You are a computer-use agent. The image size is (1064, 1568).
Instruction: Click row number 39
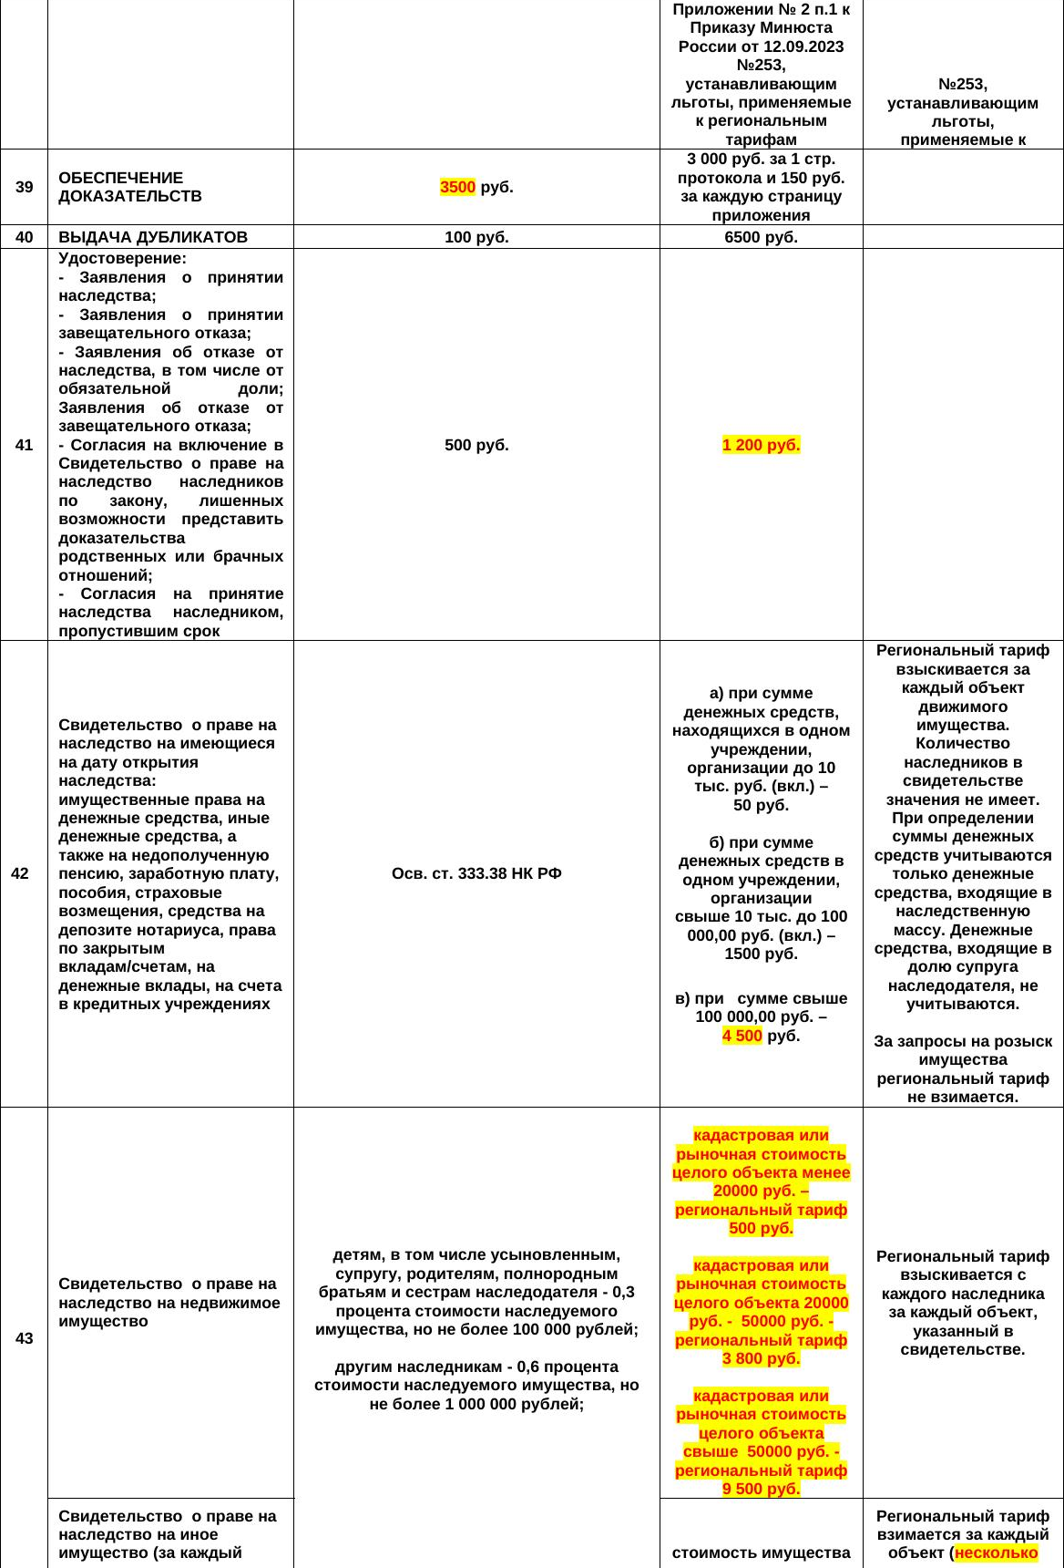[x=25, y=187]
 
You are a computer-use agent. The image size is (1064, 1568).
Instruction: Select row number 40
[x=25, y=237]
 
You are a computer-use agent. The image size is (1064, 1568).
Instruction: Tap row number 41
[x=25, y=445]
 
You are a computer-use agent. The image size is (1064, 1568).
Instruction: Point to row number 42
[x=20, y=873]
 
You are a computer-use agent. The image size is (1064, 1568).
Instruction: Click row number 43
[x=25, y=1338]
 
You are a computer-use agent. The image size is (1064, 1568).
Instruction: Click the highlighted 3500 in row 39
[x=457, y=187]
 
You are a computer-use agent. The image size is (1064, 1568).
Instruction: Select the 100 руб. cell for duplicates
[x=476, y=237]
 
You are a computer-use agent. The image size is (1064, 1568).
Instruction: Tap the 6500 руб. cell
[x=761, y=237]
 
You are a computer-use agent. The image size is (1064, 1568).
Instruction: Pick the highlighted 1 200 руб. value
[x=761, y=445]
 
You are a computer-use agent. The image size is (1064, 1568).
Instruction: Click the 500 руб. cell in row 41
[x=476, y=445]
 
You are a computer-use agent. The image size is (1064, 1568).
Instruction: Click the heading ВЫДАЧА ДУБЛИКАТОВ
[x=153, y=237]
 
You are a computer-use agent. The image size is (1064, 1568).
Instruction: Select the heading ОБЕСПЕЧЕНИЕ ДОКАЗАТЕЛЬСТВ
[x=129, y=187]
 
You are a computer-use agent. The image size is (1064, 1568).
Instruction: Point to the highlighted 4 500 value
[x=742, y=1036]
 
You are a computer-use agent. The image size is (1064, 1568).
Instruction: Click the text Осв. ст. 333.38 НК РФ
[x=476, y=873]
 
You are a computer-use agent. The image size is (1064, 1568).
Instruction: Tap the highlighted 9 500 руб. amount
[x=761, y=1489]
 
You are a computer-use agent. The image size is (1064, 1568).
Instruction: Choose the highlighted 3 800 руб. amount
[x=761, y=1358]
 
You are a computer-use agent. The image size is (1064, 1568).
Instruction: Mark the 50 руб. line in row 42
[x=761, y=805]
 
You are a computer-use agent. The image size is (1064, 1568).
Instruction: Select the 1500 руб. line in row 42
[x=761, y=954]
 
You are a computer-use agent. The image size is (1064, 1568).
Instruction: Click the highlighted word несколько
[x=997, y=1553]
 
